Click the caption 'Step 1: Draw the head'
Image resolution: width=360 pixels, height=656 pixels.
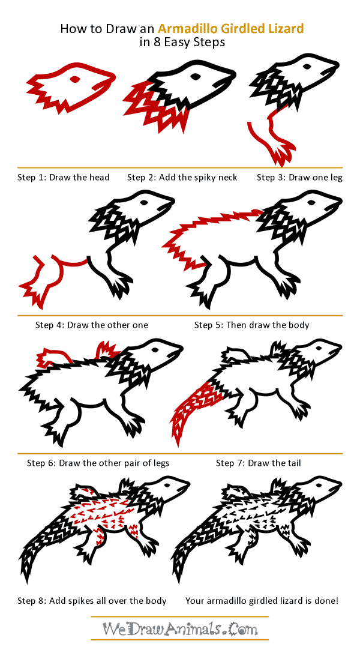tap(63, 178)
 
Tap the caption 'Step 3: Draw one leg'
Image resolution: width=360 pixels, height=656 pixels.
tap(299, 178)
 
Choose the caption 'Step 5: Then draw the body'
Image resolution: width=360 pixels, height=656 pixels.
tap(252, 325)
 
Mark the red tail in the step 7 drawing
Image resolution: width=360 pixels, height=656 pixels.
tap(195, 408)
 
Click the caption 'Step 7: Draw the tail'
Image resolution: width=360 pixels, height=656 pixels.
tap(259, 463)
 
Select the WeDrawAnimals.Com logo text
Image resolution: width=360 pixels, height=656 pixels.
tap(180, 628)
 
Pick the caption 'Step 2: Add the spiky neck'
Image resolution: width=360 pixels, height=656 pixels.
tap(182, 178)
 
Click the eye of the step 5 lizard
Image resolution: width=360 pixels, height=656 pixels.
tap(311, 202)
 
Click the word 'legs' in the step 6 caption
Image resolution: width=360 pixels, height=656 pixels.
tap(161, 463)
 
